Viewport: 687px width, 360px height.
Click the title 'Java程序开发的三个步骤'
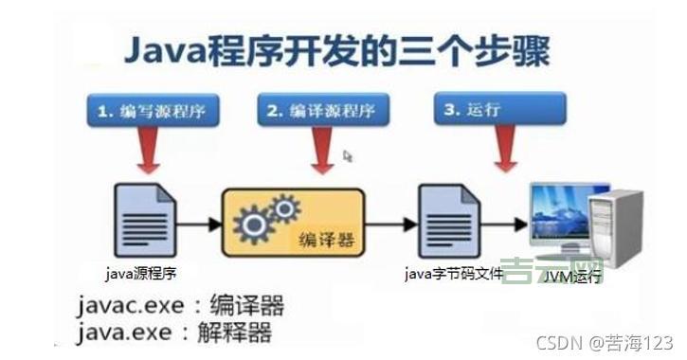click(x=336, y=52)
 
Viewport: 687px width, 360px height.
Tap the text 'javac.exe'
click(x=132, y=306)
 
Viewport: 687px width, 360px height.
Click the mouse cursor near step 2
click(x=348, y=156)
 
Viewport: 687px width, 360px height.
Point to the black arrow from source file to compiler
click(x=197, y=225)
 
